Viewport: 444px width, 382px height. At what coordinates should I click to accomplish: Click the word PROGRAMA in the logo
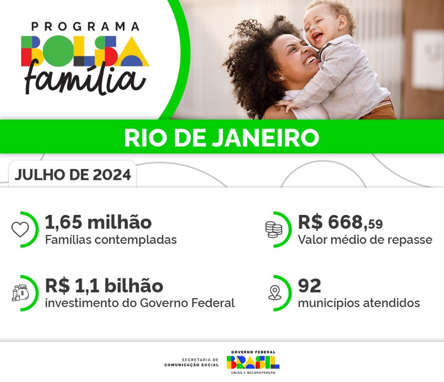(85, 27)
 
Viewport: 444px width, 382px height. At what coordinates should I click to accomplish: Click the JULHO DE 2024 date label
(73, 175)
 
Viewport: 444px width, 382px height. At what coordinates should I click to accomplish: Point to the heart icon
(20, 229)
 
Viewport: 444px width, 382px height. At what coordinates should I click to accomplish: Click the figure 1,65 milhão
(98, 222)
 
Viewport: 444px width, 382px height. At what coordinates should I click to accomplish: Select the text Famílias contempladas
(111, 240)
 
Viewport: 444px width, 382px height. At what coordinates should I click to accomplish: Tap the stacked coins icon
(273, 229)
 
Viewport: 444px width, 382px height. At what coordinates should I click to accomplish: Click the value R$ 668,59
(340, 223)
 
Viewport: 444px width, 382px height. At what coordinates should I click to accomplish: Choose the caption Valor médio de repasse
(365, 240)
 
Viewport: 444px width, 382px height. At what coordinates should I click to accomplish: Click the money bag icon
(20, 292)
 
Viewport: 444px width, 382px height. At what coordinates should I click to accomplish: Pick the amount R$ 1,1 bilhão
(104, 285)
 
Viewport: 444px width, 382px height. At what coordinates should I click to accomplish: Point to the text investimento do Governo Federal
(140, 303)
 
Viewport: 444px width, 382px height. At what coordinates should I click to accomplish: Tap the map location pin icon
(274, 292)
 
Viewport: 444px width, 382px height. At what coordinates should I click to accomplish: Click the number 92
(309, 285)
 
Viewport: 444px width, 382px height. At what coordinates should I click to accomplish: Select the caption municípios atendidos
(359, 303)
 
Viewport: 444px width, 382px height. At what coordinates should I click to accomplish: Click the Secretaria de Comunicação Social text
(191, 362)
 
